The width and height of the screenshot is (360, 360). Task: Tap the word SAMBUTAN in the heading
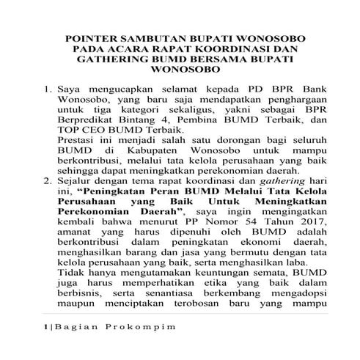tap(153, 36)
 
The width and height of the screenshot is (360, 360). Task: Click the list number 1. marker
tap(46, 89)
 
